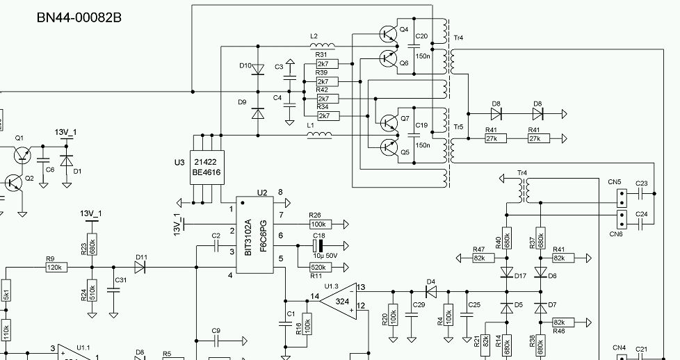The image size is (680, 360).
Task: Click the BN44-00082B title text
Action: tap(79, 17)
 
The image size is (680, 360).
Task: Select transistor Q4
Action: tap(387, 33)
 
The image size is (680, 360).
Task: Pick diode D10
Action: tap(257, 69)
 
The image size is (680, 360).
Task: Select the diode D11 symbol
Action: tap(141, 267)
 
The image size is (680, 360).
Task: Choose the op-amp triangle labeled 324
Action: tap(339, 302)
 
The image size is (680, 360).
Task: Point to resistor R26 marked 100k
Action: tap(319, 224)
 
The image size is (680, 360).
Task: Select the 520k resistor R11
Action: tap(319, 267)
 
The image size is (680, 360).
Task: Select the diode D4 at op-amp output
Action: tap(431, 291)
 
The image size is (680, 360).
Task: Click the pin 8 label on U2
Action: tap(280, 193)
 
